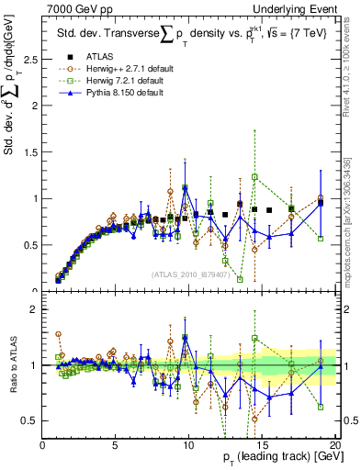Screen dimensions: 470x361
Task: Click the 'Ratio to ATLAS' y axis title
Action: tap(11, 364)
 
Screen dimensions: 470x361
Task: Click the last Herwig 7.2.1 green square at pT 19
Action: tap(321, 239)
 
